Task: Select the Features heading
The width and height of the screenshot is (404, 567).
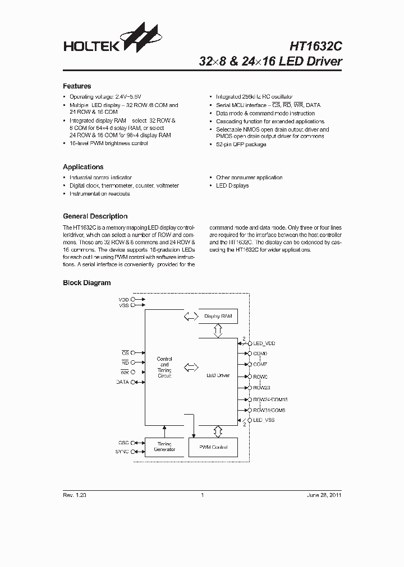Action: click(x=77, y=86)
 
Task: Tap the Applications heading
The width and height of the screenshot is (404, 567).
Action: click(x=83, y=167)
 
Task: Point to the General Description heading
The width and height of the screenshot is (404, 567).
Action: click(x=95, y=216)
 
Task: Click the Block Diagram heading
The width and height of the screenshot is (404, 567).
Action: click(x=86, y=283)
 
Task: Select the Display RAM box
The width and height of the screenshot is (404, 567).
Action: click(x=218, y=317)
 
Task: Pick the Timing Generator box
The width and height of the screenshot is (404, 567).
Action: click(x=164, y=447)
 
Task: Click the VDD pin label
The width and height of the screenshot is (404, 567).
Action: click(x=123, y=300)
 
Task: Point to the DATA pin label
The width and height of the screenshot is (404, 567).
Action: click(x=122, y=382)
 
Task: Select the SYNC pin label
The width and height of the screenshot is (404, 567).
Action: click(x=122, y=451)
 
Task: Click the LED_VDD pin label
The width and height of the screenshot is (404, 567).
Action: click(x=264, y=342)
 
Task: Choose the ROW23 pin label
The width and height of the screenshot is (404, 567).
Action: click(x=261, y=387)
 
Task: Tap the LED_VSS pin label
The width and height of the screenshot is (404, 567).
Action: click(x=264, y=420)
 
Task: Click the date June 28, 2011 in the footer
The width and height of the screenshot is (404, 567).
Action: click(x=324, y=495)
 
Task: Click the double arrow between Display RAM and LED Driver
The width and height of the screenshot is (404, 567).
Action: click(x=217, y=332)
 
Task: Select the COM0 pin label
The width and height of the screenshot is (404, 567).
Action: click(x=260, y=354)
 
